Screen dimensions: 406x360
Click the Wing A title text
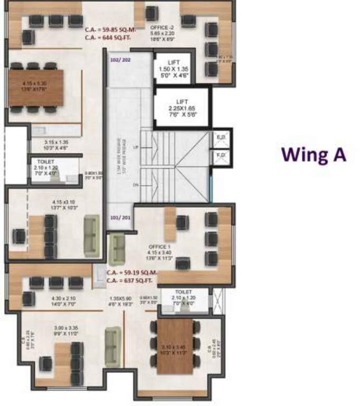click(x=313, y=154)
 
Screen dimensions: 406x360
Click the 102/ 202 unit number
click(x=121, y=60)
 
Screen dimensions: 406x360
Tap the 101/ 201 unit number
click(x=119, y=217)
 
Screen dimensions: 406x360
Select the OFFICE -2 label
click(x=162, y=26)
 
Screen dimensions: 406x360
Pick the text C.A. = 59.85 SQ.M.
click(x=110, y=31)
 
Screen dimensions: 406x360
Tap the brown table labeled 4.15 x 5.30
click(x=36, y=87)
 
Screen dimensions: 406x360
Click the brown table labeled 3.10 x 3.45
click(x=174, y=347)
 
